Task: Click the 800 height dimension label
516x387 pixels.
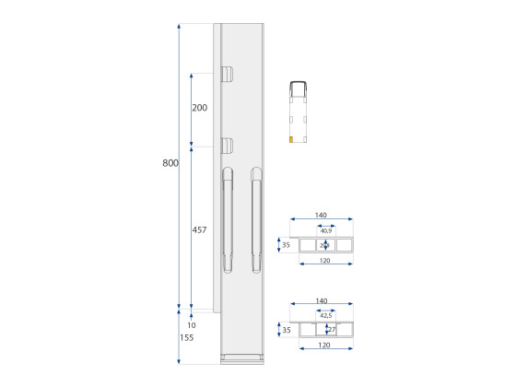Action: click(170, 163)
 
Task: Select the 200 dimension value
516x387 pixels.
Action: click(199, 108)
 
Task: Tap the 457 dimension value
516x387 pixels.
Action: click(199, 229)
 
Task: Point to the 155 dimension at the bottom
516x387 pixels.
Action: click(188, 339)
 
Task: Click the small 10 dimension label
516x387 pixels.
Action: click(191, 325)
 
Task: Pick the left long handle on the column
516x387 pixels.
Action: click(227, 221)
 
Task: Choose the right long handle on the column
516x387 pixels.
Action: click(256, 221)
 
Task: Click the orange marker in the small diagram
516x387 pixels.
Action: click(291, 140)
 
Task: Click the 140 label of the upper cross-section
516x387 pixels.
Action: click(321, 216)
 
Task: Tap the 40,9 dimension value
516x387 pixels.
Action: click(326, 230)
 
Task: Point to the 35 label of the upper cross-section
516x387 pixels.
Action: click(286, 245)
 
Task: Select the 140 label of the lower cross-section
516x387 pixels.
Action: click(321, 301)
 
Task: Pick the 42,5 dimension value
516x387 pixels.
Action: click(326, 316)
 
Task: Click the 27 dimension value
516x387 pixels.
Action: click(332, 328)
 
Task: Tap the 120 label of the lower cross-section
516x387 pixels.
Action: click(326, 346)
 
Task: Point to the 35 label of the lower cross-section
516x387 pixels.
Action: click(286, 329)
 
